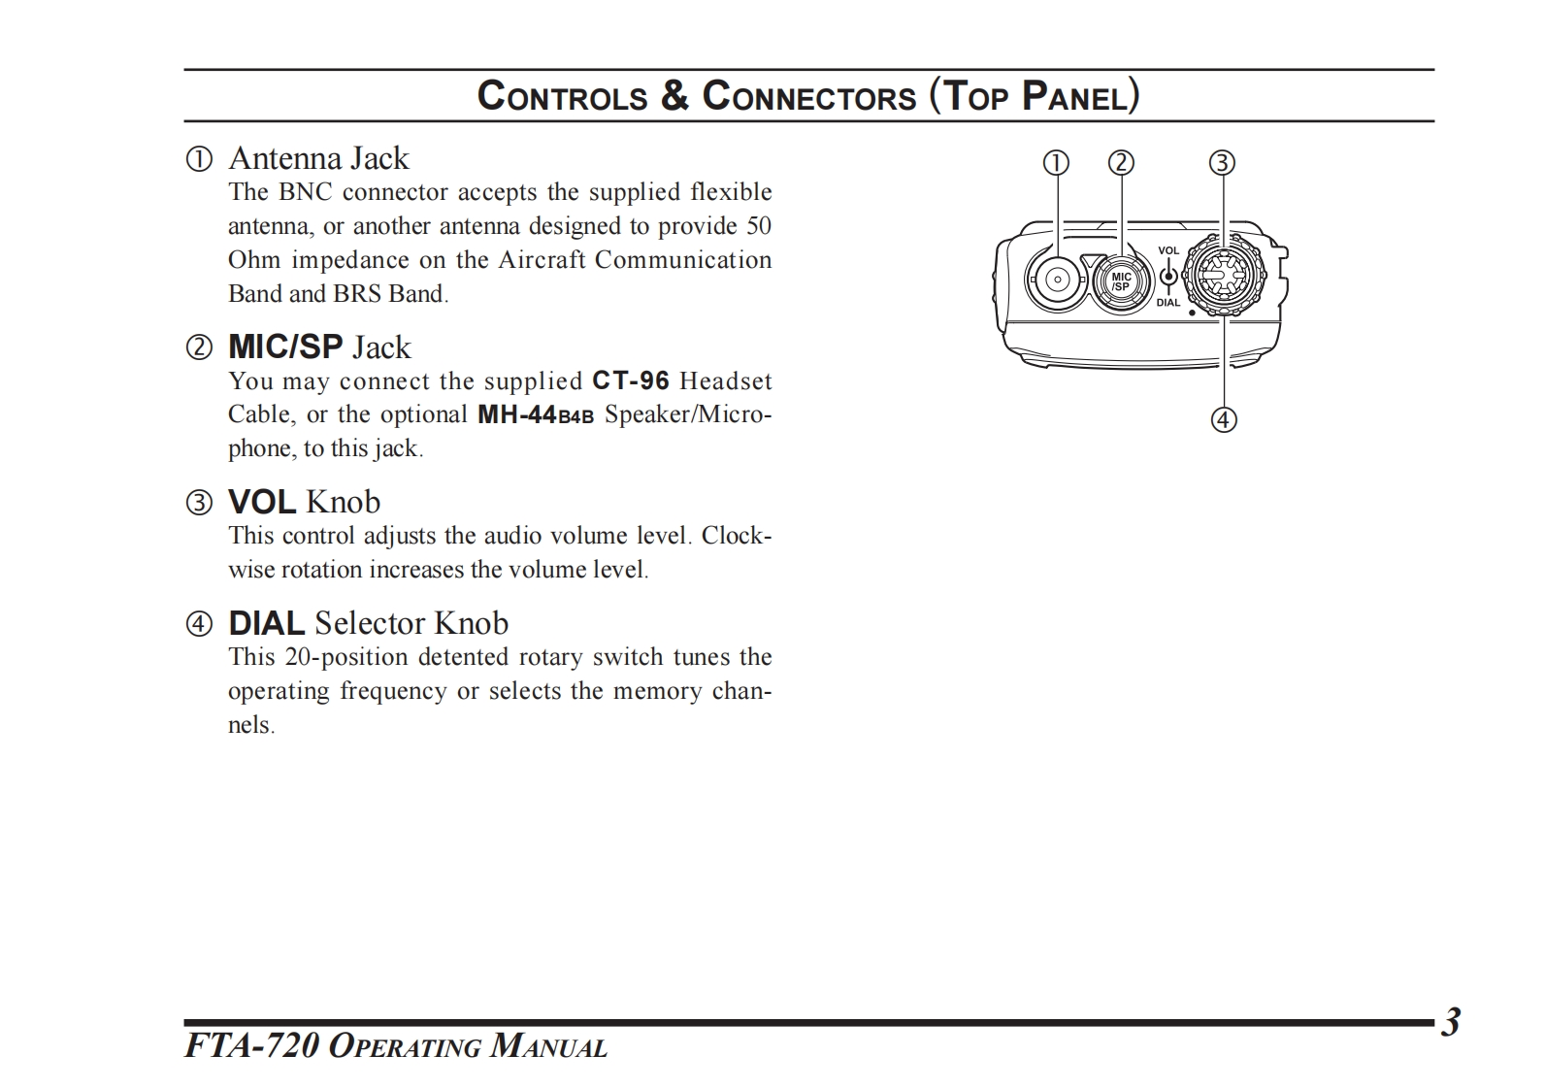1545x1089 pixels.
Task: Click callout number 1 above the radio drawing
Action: [1056, 162]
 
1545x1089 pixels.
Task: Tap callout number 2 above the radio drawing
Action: [1121, 162]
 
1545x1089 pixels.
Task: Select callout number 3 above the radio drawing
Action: [1222, 162]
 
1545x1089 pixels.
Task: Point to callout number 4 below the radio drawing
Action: [1224, 419]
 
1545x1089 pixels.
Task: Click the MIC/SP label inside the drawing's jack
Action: [1121, 281]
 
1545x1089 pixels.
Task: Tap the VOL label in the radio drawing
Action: [1168, 250]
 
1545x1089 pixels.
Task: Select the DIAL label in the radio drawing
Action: [1168, 303]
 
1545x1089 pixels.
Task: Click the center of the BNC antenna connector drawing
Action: [1055, 281]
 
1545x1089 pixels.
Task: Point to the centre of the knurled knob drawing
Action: [1222, 276]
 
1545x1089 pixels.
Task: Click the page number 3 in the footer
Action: [1450, 1023]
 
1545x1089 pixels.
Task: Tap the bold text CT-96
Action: [631, 380]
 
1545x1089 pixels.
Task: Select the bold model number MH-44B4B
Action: [536, 415]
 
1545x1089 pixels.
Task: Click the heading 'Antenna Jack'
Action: [318, 158]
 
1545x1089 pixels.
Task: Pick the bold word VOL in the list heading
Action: [262, 502]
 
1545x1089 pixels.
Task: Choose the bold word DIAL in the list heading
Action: [266, 623]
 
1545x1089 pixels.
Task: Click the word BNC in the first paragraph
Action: [306, 192]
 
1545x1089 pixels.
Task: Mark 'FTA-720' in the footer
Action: [250, 1046]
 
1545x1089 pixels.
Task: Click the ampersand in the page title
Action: [674, 96]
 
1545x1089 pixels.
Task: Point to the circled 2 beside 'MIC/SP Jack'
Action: [199, 347]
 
